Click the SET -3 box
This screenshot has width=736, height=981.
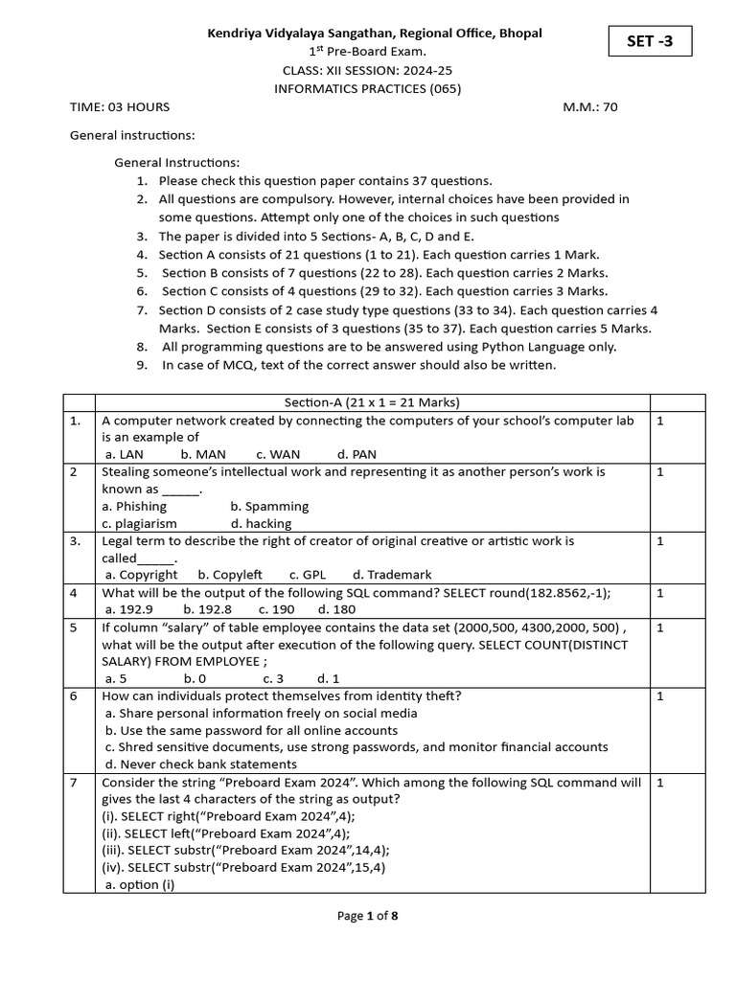(x=649, y=41)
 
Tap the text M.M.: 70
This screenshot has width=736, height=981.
(x=590, y=107)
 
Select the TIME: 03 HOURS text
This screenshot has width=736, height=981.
(x=120, y=107)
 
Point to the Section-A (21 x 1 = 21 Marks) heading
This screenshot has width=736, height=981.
(x=372, y=402)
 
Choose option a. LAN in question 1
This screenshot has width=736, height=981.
(x=125, y=454)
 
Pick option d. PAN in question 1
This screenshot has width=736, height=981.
(x=357, y=454)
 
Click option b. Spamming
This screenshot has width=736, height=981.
(x=269, y=506)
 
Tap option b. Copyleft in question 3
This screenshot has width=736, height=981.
(x=230, y=575)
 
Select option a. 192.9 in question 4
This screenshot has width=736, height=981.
(x=128, y=609)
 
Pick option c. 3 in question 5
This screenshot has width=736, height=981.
(x=273, y=678)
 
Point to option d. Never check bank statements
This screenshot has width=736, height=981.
(x=201, y=764)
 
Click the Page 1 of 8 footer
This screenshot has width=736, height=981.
(x=368, y=916)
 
